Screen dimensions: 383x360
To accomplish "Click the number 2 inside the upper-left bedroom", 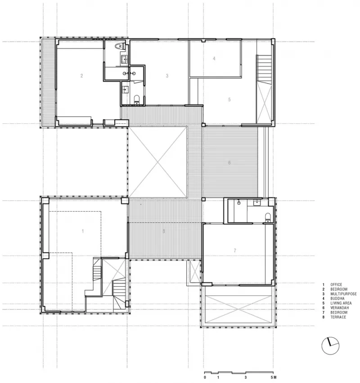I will tap(82, 76).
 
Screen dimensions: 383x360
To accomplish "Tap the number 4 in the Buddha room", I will tap(214, 59).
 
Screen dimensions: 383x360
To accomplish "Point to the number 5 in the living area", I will tap(229, 99).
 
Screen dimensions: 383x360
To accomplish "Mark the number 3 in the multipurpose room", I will tap(167, 76).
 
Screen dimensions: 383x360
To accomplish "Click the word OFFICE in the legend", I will tap(337, 285).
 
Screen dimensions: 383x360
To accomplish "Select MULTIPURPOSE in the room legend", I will tap(343, 294).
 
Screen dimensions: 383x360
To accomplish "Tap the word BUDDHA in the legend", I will tap(337, 299).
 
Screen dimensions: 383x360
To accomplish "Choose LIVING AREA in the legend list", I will tap(341, 303).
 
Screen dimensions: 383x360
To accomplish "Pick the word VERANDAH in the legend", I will tap(339, 308).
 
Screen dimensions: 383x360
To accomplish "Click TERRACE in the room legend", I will tap(338, 318).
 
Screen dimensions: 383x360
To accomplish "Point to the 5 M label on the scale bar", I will tap(273, 377).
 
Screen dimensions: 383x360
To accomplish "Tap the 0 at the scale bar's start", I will tap(205, 377).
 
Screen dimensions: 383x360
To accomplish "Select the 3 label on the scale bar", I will tap(246, 377).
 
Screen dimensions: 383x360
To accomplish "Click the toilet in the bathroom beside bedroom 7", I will tap(268, 217).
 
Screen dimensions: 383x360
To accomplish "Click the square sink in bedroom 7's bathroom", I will tap(257, 203).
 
